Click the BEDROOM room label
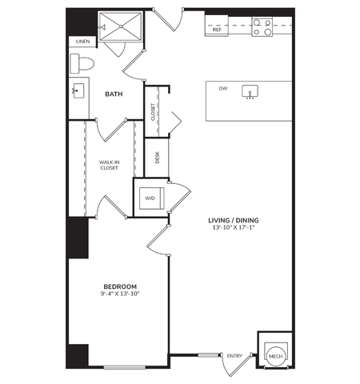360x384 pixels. click(x=120, y=286)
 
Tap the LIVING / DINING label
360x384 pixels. click(x=234, y=220)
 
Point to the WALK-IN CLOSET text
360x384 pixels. click(x=110, y=166)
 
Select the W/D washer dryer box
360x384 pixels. click(x=150, y=198)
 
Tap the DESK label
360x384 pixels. click(x=158, y=158)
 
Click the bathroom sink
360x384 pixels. click(x=78, y=90)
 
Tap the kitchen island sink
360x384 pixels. click(x=250, y=92)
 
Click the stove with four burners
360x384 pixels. click(x=262, y=29)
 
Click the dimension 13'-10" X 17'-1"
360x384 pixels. click(x=234, y=229)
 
